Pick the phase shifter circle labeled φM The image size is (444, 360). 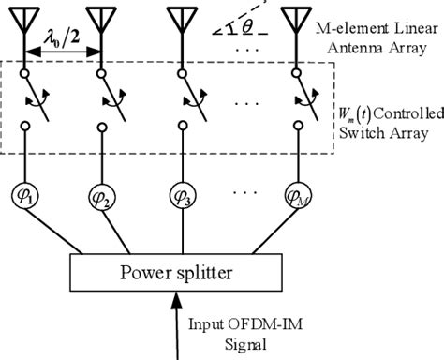299,198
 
